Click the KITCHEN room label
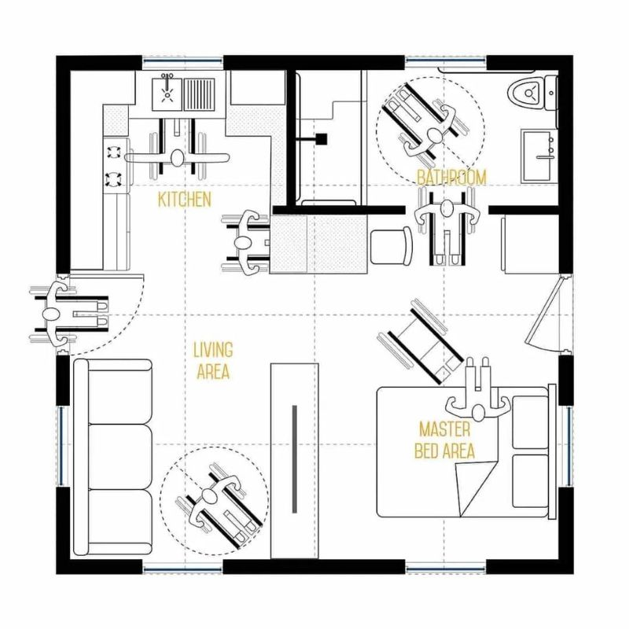185,199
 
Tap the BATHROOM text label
451,178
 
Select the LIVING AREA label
212,361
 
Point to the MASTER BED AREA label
446,440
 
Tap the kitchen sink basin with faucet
167,94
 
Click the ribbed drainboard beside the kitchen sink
204,94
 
